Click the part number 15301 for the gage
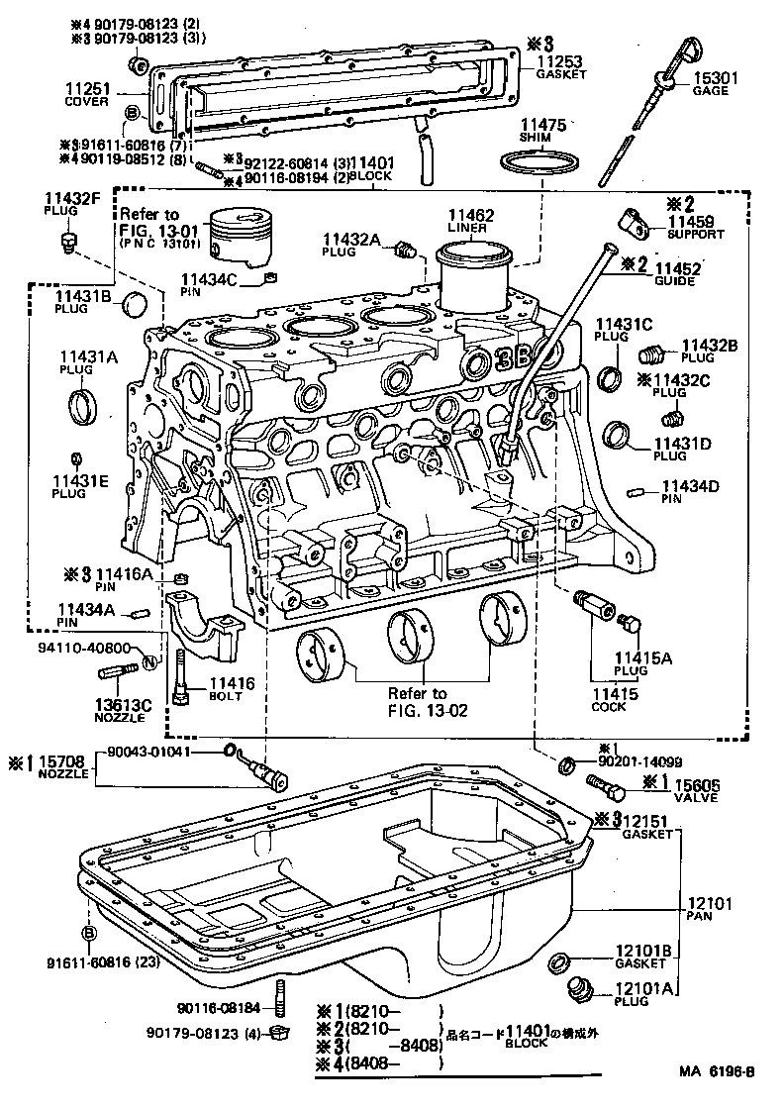[710, 77]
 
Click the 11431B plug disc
[138, 302]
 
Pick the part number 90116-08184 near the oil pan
[220, 1008]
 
